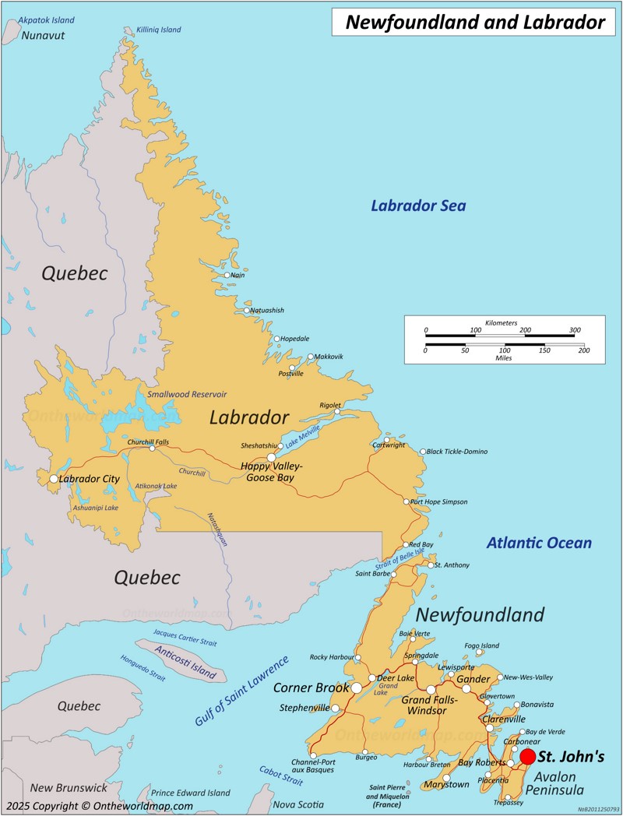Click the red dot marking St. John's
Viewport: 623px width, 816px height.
tap(528, 756)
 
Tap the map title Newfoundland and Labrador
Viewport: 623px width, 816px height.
tap(474, 23)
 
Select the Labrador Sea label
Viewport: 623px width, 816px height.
tap(418, 206)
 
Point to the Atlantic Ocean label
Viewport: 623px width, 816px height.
tap(539, 543)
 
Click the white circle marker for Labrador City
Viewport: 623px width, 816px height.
tap(54, 479)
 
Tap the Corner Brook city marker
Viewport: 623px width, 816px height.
tap(357, 688)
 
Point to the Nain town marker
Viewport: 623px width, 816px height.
tap(227, 275)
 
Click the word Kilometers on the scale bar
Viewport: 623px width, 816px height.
tap(501, 322)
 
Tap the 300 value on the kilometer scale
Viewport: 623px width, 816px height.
tap(575, 330)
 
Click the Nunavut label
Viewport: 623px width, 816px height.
tap(43, 36)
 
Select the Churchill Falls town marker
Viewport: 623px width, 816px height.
tap(152, 448)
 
